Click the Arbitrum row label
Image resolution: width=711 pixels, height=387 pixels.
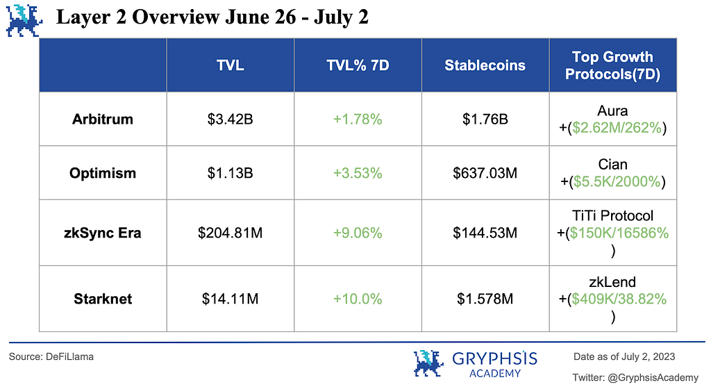[x=102, y=119]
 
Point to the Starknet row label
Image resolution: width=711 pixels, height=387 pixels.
[x=103, y=299]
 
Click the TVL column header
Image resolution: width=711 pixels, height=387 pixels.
[x=230, y=65]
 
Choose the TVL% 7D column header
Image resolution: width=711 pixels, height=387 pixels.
[x=358, y=65]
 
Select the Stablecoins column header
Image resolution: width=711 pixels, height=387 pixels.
[x=485, y=65]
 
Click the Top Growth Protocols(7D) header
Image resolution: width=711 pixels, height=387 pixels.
[x=612, y=65]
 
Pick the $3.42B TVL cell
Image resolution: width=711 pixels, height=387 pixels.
[x=230, y=119]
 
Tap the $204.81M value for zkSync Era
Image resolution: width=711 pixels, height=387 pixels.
[x=230, y=233]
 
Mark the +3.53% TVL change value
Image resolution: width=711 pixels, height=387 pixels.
[x=358, y=173]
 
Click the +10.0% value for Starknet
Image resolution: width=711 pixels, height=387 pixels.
[x=358, y=299]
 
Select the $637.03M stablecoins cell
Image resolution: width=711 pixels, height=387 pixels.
[x=485, y=173]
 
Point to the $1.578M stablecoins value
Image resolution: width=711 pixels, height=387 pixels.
[x=485, y=299]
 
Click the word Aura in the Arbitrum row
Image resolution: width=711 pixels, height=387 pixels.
[x=612, y=111]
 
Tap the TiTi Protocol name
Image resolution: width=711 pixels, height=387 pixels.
[x=612, y=216]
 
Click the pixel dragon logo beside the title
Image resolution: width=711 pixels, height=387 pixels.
[x=25, y=19]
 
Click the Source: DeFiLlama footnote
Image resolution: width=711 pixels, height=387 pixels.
[x=51, y=356]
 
